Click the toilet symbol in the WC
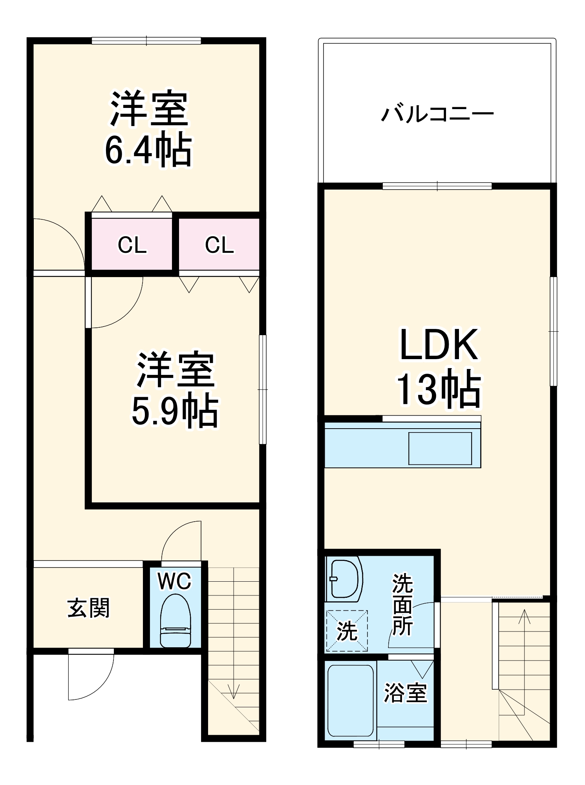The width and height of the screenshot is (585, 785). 175,621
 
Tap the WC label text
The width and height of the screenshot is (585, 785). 174,581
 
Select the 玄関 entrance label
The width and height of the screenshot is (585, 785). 88,608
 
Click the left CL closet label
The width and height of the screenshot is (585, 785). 132,245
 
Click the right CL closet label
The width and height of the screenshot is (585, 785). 219,245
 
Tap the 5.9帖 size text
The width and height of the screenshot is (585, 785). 174,412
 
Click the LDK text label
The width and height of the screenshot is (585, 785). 439,345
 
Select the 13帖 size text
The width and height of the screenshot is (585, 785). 439,390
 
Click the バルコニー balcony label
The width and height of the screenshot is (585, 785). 437,114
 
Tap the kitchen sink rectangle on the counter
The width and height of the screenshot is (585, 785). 440,448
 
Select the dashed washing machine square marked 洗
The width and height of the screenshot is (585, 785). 347,631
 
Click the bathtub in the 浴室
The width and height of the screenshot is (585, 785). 350,700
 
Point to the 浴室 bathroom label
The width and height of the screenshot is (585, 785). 405,693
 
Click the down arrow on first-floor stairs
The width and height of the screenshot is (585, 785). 234,691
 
